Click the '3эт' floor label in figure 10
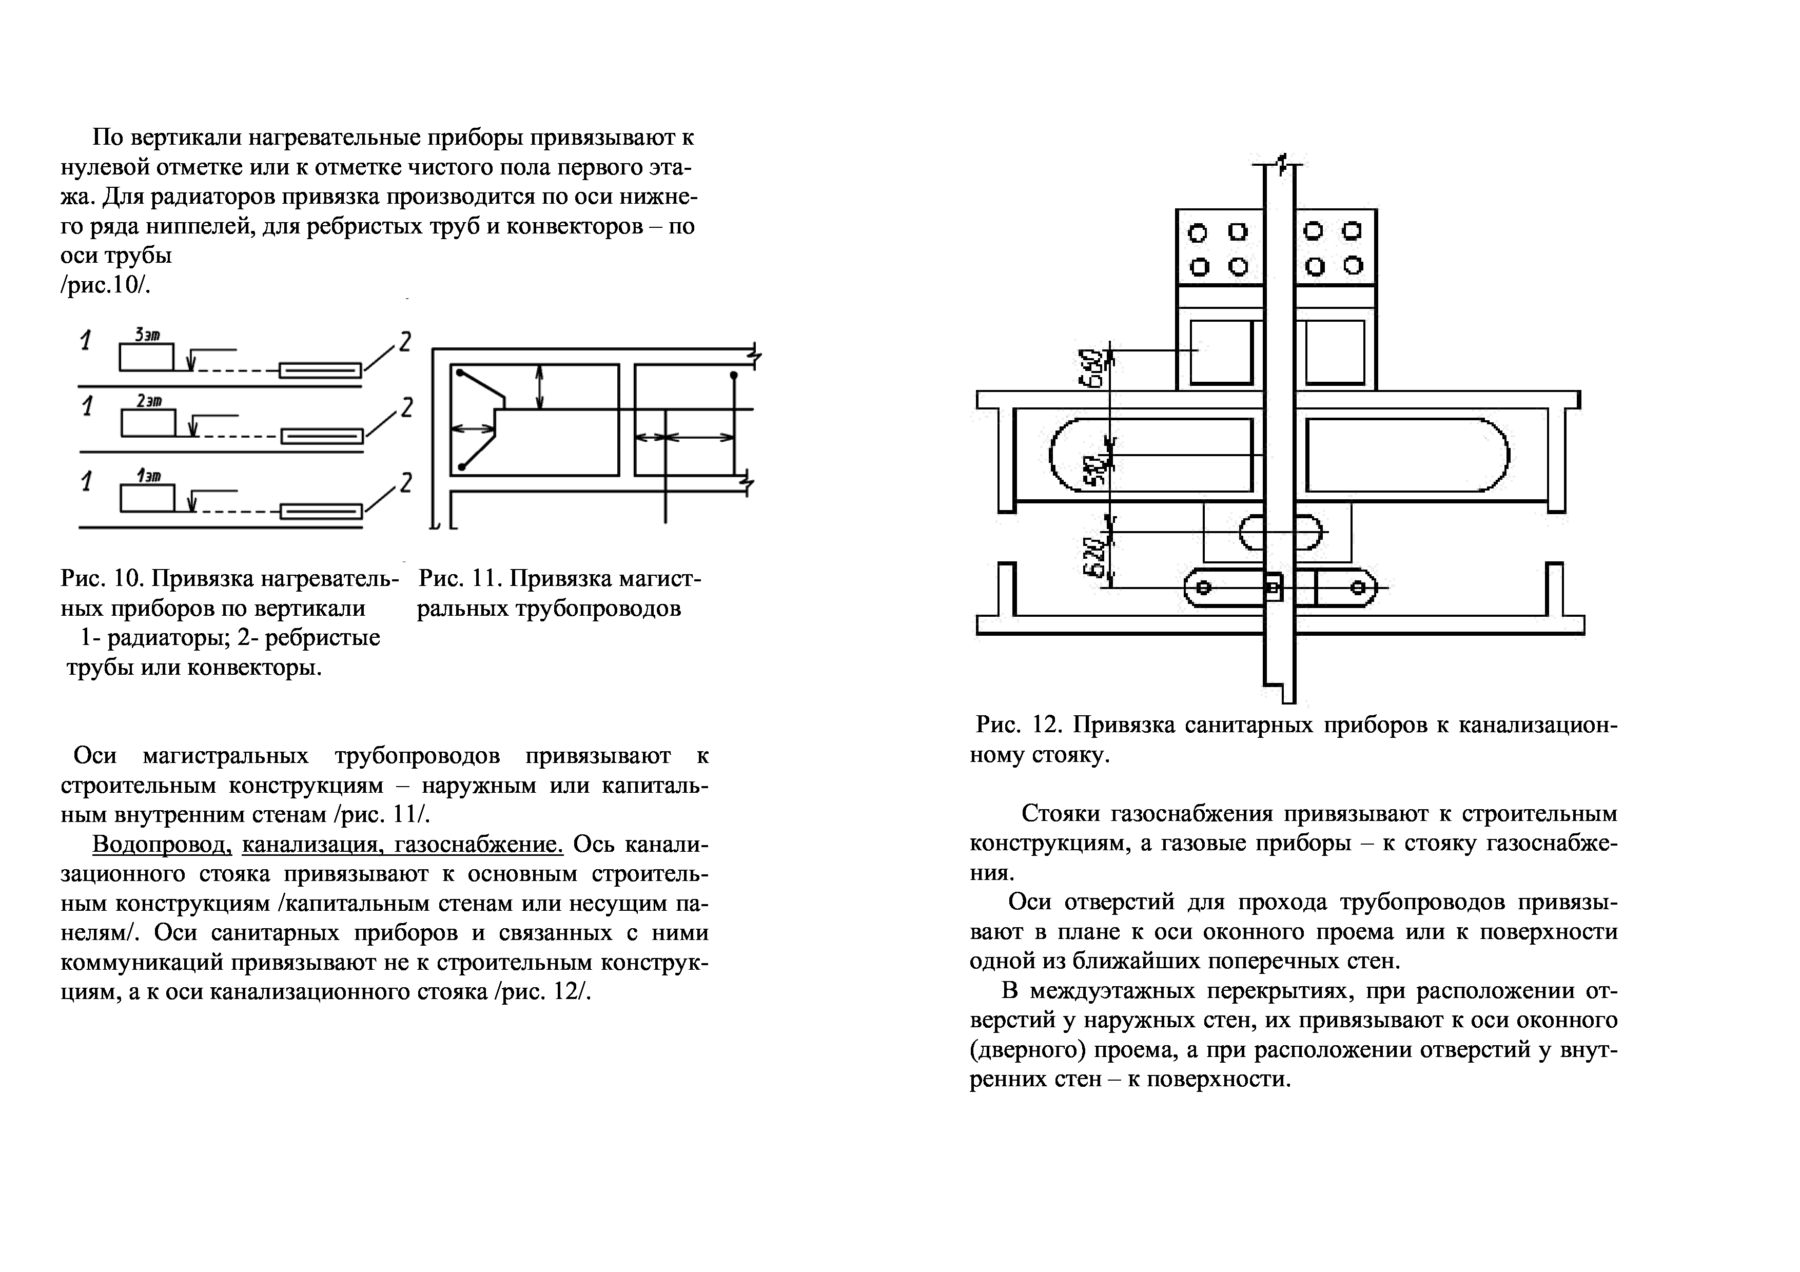(x=147, y=335)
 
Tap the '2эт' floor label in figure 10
(x=148, y=401)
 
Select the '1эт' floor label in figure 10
(x=148, y=475)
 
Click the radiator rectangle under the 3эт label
(x=147, y=358)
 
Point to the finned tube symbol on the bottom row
(x=321, y=512)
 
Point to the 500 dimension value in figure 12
(x=1093, y=468)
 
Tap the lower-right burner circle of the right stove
(x=1353, y=266)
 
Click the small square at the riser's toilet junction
(x=1273, y=587)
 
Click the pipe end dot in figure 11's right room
(x=734, y=376)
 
